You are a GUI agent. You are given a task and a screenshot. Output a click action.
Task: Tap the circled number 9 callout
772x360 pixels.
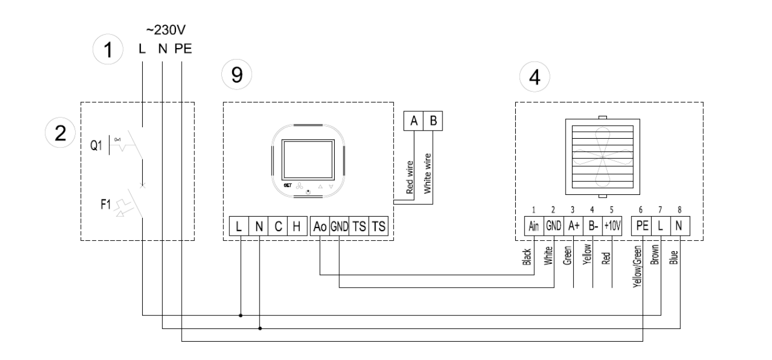(233, 76)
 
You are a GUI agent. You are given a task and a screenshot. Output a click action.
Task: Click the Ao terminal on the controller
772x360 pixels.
(319, 226)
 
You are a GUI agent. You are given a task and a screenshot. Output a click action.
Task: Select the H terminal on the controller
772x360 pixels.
(296, 226)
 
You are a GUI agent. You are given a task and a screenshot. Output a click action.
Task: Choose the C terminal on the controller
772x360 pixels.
(277, 226)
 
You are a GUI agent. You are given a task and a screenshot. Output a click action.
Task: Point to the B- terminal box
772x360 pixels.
(593, 226)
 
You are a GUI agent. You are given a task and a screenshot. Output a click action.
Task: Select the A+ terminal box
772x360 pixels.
(573, 226)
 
